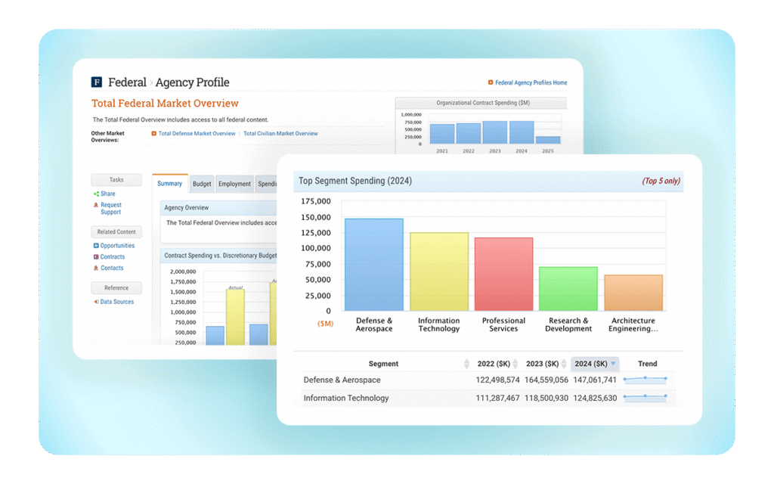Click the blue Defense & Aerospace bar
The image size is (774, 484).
[373, 264]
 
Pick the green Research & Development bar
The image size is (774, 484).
[568, 288]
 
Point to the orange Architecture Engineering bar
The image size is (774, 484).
[633, 293]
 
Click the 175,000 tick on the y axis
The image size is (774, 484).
[316, 201]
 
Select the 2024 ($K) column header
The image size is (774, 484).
[595, 364]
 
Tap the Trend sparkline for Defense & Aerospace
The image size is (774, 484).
[645, 380]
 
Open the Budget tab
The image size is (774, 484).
[202, 184]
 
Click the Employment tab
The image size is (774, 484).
[234, 184]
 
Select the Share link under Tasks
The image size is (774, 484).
[108, 194]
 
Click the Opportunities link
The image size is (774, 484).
[117, 246]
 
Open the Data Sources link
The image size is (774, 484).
[116, 302]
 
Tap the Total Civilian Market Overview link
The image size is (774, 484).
[280, 134]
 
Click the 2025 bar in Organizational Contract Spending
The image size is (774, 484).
[548, 139]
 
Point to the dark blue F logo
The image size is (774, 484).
[97, 82]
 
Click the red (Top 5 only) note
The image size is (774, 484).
[661, 181]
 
